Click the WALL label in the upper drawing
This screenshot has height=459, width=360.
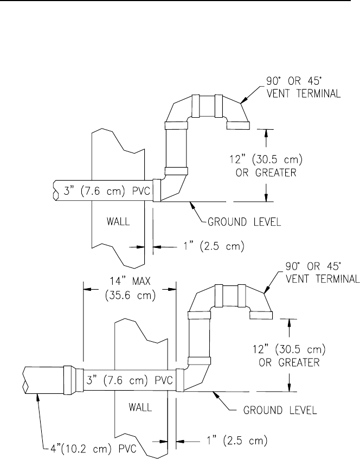(x=117, y=222)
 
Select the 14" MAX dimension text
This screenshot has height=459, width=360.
(x=129, y=283)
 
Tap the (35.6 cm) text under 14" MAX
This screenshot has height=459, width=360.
(x=129, y=296)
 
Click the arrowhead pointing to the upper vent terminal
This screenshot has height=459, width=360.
(x=243, y=101)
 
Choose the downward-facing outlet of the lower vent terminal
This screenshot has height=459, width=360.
(x=260, y=315)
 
